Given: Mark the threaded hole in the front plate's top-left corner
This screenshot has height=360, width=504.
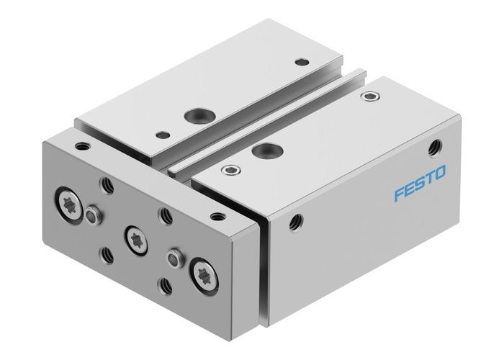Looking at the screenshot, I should (84, 146).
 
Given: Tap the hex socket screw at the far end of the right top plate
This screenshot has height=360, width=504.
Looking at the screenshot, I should (372, 95).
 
